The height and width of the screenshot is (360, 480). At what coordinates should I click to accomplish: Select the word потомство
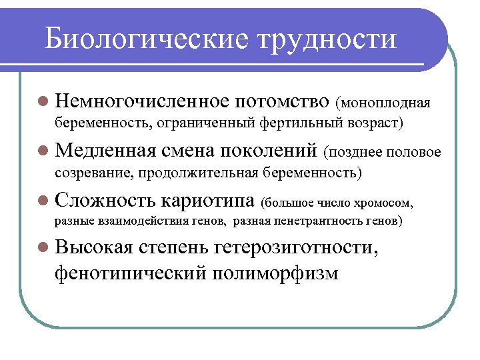[x=283, y=101]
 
